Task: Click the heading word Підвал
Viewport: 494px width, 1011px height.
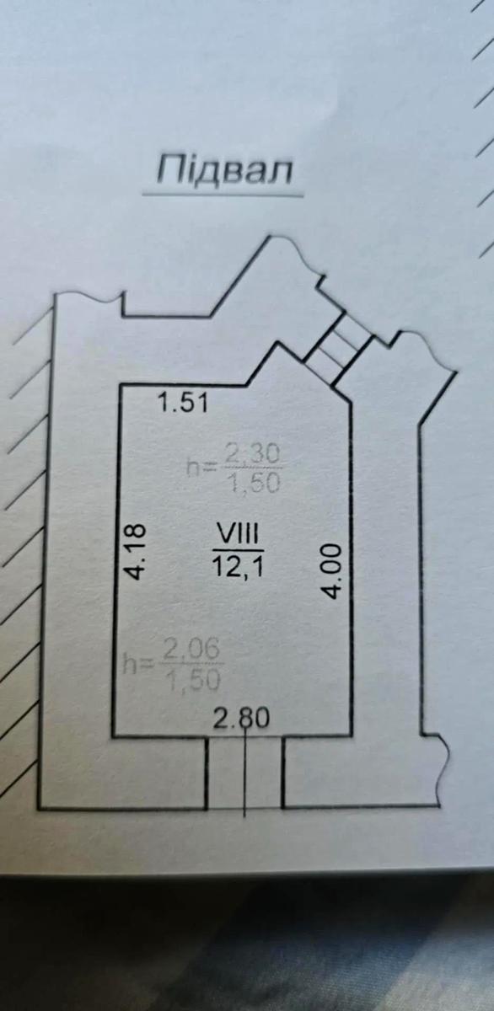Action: (224, 170)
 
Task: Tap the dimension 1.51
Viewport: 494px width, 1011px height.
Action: (183, 403)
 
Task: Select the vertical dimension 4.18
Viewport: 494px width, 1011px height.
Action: (135, 551)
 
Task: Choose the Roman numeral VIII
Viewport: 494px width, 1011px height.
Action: (237, 534)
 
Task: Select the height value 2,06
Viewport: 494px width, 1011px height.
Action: (191, 650)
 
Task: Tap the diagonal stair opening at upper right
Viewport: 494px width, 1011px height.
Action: (339, 346)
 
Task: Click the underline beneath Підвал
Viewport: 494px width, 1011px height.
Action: (223, 195)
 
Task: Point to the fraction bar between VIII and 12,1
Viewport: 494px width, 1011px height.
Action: (238, 550)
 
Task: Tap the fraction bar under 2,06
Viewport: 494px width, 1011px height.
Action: (192, 665)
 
